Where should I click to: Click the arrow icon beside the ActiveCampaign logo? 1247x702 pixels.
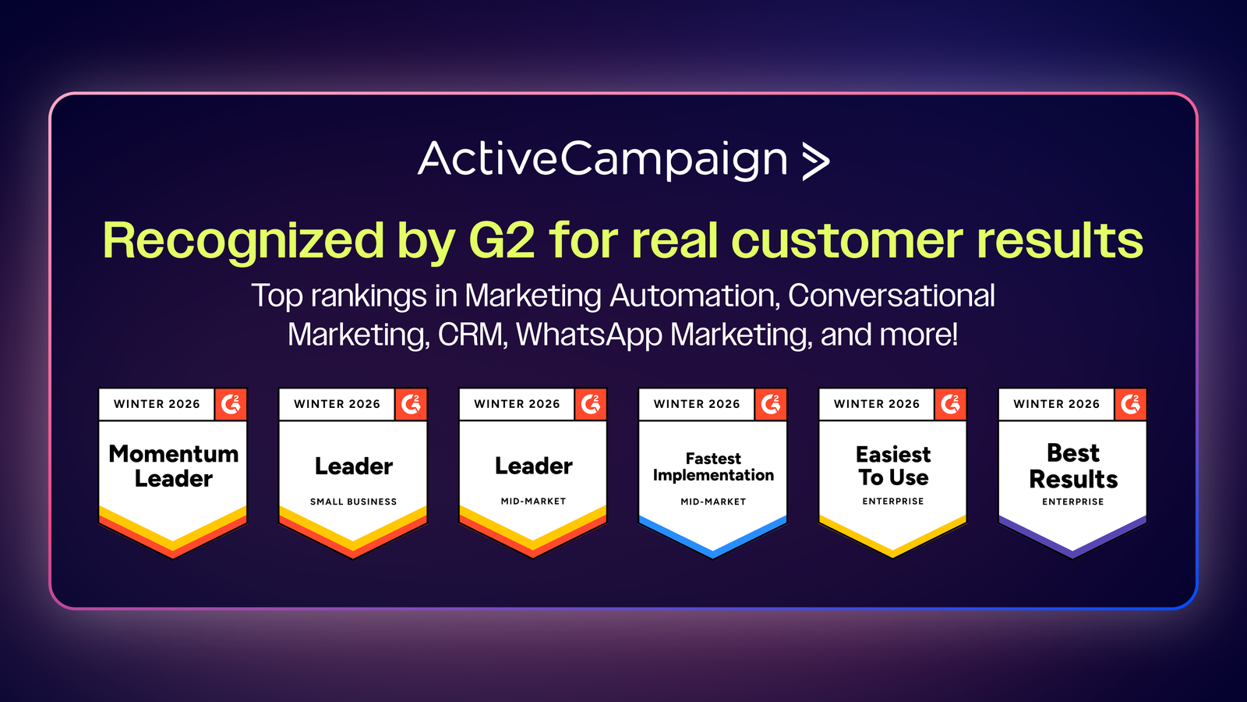point(816,161)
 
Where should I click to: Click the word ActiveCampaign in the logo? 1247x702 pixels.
point(602,160)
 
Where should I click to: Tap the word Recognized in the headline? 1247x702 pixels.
point(243,241)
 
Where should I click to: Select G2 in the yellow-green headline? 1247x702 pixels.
point(502,240)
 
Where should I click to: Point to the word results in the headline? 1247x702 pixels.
point(1060,240)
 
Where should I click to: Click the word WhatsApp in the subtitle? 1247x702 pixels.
point(589,335)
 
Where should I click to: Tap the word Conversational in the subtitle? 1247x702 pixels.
point(892,296)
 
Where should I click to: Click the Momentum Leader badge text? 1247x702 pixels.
point(174,466)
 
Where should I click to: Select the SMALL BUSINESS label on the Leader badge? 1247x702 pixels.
point(354,502)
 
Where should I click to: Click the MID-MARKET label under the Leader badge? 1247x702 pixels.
point(533,502)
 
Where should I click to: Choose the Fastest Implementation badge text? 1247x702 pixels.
point(713,467)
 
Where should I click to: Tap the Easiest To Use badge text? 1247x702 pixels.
point(893,466)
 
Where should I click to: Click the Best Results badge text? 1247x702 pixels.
point(1073,466)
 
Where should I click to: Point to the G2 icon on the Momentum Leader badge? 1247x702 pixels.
point(231,404)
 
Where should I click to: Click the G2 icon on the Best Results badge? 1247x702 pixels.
point(1131,404)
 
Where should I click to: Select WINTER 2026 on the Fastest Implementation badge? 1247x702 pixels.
point(697,404)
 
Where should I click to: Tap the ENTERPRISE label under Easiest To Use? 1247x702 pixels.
point(893,502)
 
